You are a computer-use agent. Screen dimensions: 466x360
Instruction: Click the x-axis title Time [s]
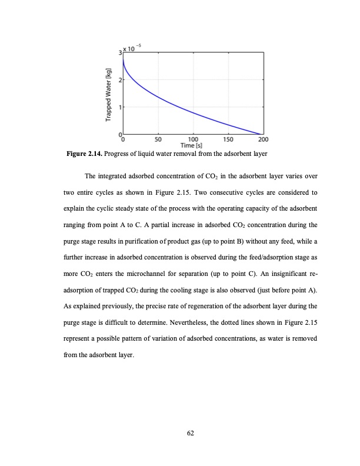click(193, 146)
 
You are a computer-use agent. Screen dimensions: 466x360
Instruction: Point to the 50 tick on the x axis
click(158, 140)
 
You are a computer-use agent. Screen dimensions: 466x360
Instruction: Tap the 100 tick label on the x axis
click(193, 140)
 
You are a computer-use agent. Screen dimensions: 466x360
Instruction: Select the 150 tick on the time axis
click(228, 140)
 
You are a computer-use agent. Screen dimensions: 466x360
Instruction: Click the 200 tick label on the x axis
click(263, 140)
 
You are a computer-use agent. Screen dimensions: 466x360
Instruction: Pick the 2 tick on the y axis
click(119, 79)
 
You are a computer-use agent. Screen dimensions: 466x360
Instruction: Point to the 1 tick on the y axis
click(119, 106)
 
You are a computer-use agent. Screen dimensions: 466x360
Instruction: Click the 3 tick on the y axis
click(119, 52)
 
